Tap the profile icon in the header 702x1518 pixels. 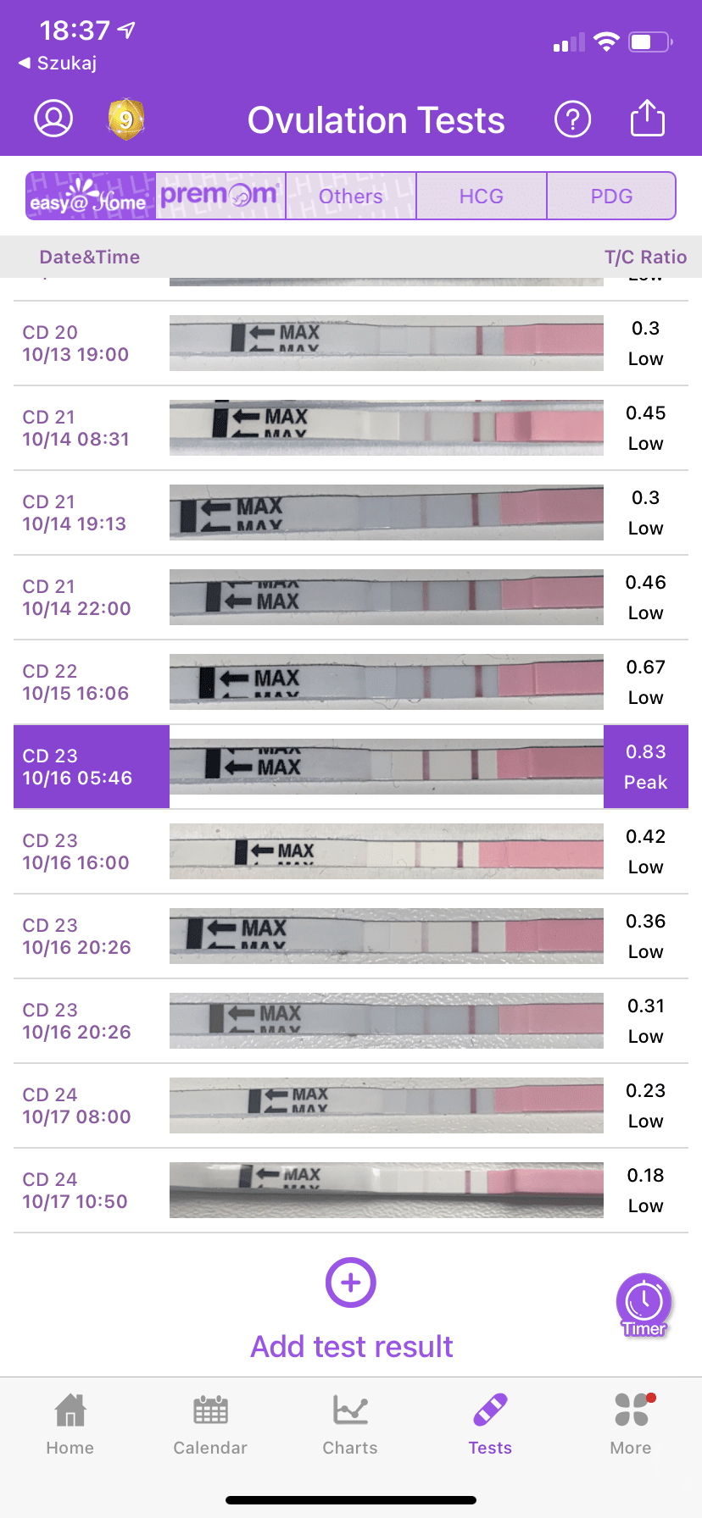pyautogui.click(x=53, y=119)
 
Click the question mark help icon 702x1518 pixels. pyautogui.click(x=572, y=119)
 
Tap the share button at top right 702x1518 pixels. pyautogui.click(x=647, y=119)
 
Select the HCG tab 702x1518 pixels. pyautogui.click(x=481, y=197)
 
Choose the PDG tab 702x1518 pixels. pyautogui.click(x=611, y=197)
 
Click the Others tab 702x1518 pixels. pyautogui.click(x=350, y=197)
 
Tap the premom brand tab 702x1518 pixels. pyautogui.click(x=220, y=196)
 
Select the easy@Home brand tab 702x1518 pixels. pyautogui.click(x=90, y=197)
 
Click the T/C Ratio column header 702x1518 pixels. pyautogui.click(x=645, y=258)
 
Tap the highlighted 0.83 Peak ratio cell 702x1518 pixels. pyautogui.click(x=645, y=767)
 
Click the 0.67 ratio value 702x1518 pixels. pyautogui.click(x=645, y=668)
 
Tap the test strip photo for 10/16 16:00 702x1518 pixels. pyautogui.click(x=386, y=851)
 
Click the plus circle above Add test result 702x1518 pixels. pyautogui.click(x=351, y=1283)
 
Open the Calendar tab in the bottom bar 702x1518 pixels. pyautogui.click(x=210, y=1424)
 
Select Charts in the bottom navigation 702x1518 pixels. pyautogui.click(x=350, y=1424)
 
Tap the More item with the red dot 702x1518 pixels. pyautogui.click(x=631, y=1424)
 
